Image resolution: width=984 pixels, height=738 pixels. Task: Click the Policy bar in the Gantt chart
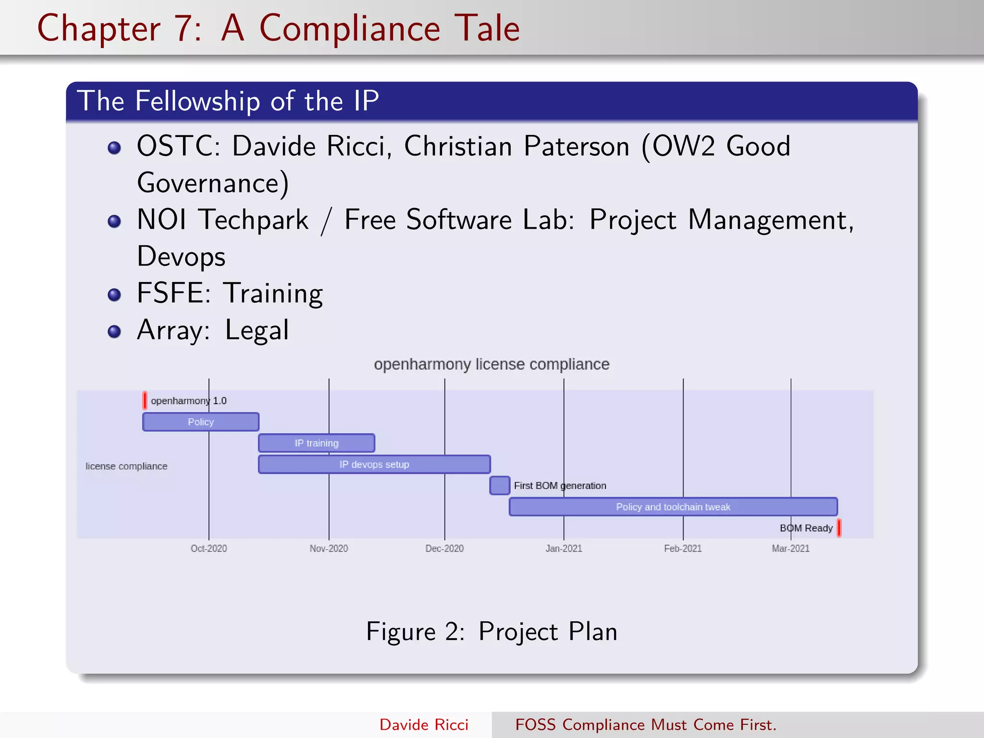200,422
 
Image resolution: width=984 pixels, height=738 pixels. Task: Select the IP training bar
316,443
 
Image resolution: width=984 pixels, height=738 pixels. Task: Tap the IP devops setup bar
374,464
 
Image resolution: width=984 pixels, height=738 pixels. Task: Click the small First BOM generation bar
499,485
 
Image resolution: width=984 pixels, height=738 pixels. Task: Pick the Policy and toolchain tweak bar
673,507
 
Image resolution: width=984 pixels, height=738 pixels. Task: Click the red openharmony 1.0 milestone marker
145,400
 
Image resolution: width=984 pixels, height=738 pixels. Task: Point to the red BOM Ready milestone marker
839,528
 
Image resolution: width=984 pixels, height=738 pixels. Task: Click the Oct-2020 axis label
209,548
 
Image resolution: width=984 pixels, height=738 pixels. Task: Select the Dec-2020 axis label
444,548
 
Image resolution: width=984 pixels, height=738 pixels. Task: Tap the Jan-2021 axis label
564,548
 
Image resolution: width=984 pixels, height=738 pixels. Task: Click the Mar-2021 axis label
790,548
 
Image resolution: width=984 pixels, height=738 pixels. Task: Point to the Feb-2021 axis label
683,548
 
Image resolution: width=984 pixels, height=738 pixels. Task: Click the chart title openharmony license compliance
492,364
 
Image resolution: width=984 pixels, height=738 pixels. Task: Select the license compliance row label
126,466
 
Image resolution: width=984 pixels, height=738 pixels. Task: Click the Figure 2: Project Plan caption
492,631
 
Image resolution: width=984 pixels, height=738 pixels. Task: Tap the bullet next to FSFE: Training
114,295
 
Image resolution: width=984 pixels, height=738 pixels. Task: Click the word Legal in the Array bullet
257,331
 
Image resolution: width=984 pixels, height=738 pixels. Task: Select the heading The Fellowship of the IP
228,101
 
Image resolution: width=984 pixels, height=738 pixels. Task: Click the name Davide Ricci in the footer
424,725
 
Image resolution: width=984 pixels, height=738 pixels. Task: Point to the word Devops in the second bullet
181,257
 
